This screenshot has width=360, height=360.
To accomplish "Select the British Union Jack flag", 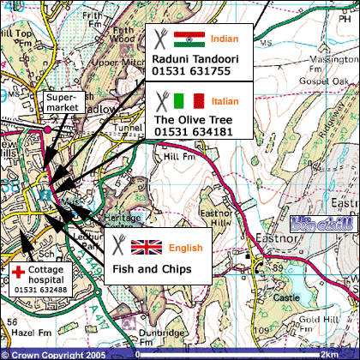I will click(x=146, y=248).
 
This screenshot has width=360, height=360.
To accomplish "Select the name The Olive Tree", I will click(x=189, y=120).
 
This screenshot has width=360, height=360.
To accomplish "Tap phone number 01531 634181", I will click(x=193, y=132).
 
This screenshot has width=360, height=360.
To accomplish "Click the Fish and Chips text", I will click(x=150, y=269).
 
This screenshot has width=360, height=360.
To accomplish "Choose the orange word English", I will click(x=185, y=249).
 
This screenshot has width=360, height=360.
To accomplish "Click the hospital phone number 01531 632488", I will click(x=39, y=291).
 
